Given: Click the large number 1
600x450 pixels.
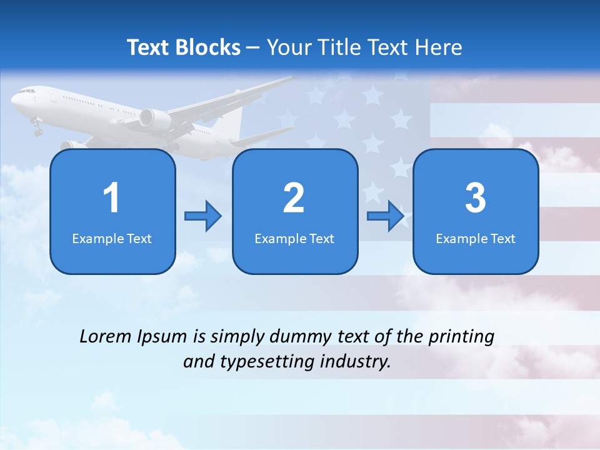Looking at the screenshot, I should (x=111, y=198).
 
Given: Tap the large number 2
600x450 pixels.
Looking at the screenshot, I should (x=294, y=198).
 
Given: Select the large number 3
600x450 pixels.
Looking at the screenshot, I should (x=476, y=198).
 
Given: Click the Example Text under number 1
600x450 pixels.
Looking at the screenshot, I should (x=112, y=239).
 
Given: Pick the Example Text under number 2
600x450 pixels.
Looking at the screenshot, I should (x=294, y=239).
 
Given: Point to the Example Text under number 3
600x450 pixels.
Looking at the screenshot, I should (x=476, y=239).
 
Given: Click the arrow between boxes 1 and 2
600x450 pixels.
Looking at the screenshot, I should (x=204, y=216).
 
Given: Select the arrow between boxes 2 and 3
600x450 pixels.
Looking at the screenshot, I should (x=386, y=216).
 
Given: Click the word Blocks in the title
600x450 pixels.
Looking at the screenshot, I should (x=209, y=47).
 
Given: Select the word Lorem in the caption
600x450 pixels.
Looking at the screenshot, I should (x=105, y=336).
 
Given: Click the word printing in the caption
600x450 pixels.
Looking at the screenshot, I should (x=461, y=337).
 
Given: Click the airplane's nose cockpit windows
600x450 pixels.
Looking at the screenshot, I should (x=26, y=92).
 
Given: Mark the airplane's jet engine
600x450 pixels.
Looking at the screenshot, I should (x=154, y=119).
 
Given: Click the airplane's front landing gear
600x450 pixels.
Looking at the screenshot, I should (x=37, y=129).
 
